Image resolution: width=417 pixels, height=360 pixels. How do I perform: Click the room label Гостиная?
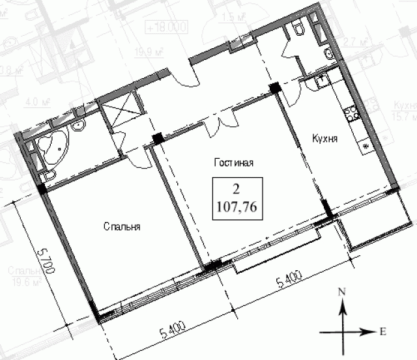(x=233, y=163)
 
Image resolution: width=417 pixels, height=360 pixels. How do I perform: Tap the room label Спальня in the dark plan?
(x=122, y=227)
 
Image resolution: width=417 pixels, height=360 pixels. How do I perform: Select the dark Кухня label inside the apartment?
(x=324, y=139)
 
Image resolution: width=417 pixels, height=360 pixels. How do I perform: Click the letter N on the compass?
(x=341, y=294)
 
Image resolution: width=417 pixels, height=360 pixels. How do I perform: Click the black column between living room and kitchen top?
(x=275, y=87)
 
